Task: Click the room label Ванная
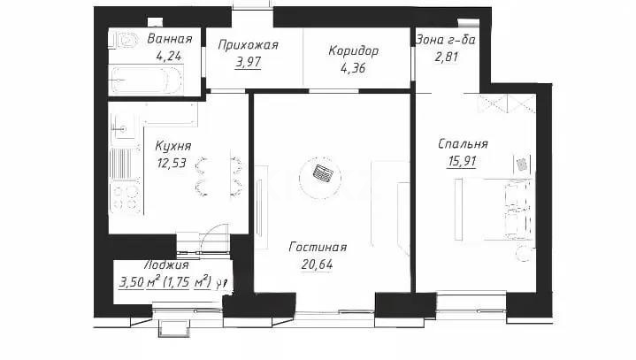[170, 39]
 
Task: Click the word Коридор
[354, 50]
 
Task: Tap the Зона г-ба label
[446, 39]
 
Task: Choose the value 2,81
[442, 56]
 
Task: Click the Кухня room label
[172, 146]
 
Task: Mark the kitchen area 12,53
[172, 162]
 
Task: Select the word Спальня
[464, 144]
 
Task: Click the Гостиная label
[317, 249]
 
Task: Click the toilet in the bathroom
[125, 38]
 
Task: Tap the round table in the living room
[321, 174]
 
